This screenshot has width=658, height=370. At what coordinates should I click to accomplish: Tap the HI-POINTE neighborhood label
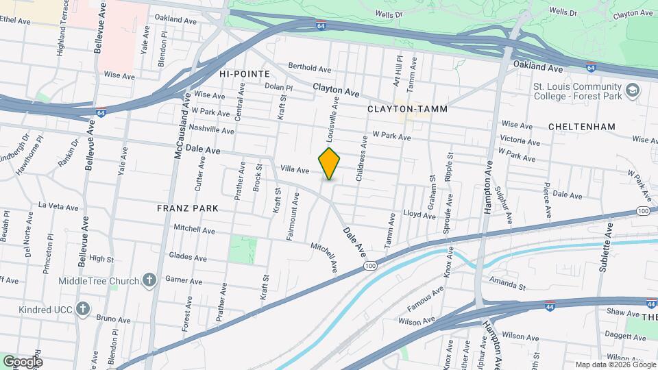point(245,73)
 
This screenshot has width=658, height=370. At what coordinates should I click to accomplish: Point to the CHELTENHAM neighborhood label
point(582,127)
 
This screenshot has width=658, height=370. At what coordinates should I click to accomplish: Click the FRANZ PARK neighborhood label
point(187,208)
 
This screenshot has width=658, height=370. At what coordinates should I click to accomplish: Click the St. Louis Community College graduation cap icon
point(632,90)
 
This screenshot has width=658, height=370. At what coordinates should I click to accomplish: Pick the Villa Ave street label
point(295,169)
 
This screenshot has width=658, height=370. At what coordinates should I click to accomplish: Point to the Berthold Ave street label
point(310,68)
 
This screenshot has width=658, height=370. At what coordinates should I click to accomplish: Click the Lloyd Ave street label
point(419,215)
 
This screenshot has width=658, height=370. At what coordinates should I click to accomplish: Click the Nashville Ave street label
point(212,128)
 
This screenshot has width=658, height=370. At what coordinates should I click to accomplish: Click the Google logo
point(22,361)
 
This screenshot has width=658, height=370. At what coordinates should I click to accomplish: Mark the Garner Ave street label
point(184,280)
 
